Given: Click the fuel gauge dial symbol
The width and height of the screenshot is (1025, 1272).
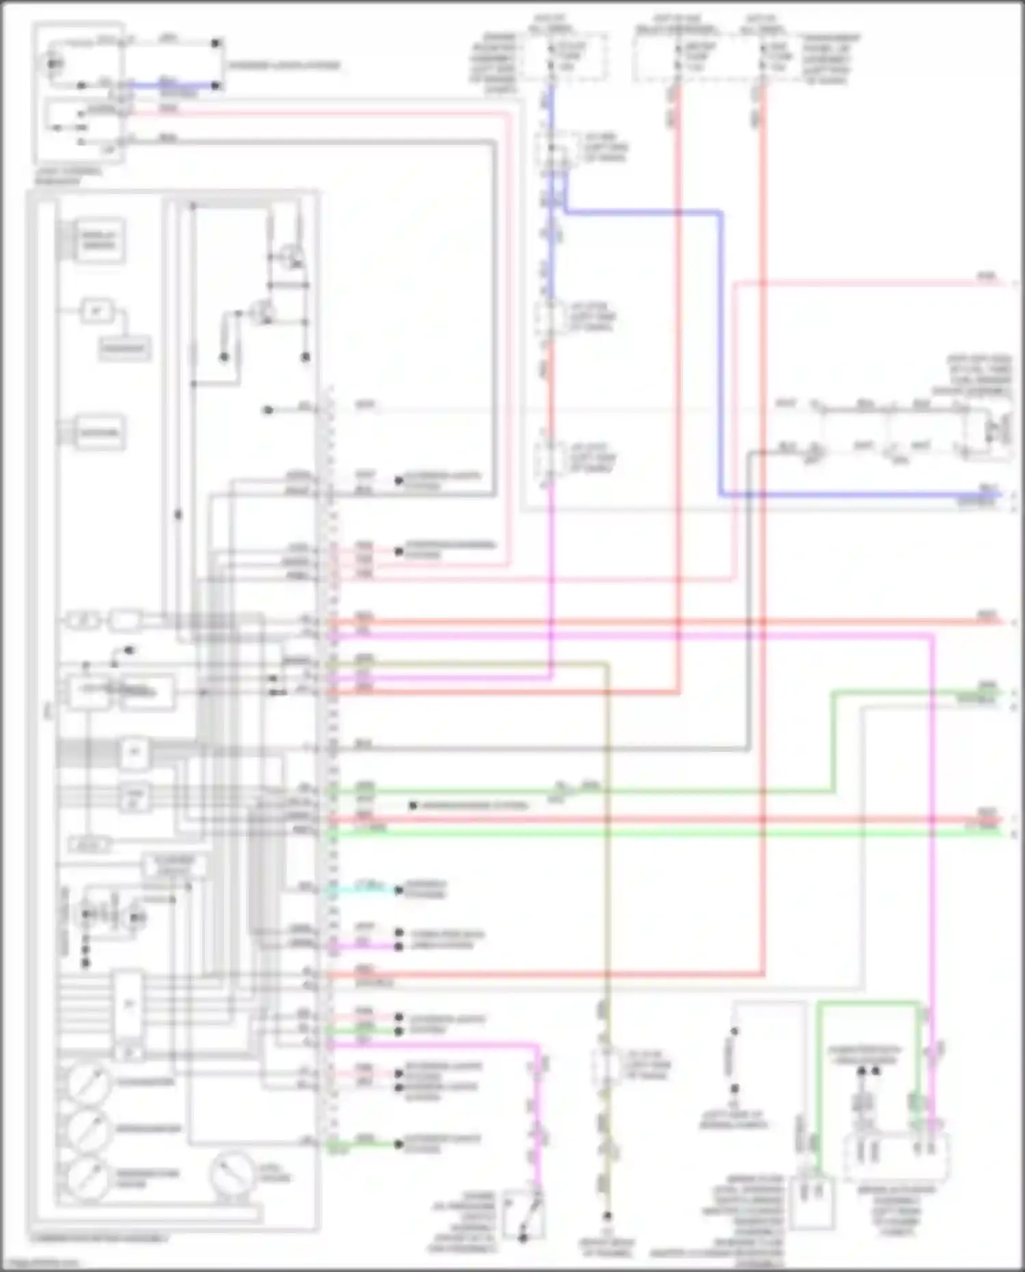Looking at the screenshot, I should [x=232, y=1174].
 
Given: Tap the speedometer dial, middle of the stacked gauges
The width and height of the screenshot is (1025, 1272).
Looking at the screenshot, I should [x=87, y=1130].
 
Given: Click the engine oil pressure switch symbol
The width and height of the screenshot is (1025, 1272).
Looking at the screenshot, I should [x=524, y=1215].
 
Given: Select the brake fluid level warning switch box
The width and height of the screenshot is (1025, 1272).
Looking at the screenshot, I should [x=812, y=1201].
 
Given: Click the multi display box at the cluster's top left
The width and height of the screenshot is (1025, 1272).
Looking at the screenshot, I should [x=99, y=240].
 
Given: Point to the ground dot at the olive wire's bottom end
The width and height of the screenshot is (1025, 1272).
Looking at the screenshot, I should [x=607, y=1217].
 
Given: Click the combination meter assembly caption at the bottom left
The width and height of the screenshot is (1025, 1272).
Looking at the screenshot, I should [x=98, y=1238].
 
